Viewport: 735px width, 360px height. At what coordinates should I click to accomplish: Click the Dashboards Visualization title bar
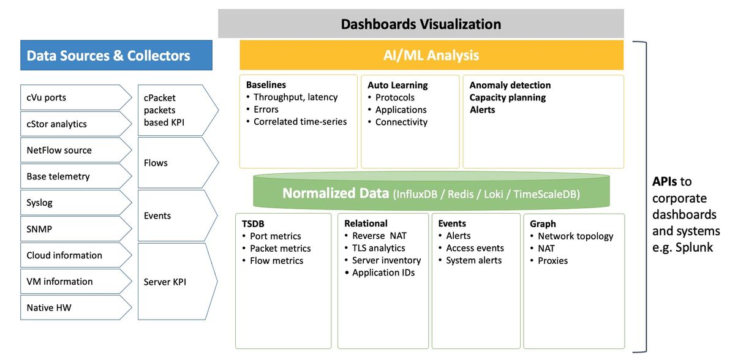tap(421, 24)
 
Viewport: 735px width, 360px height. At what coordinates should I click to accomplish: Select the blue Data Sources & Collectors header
tap(116, 56)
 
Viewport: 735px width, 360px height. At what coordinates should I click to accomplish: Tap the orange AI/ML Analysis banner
tap(431, 55)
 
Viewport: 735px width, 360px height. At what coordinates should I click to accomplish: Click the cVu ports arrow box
tap(76, 97)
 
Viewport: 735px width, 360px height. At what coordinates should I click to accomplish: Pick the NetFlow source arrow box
tap(76, 150)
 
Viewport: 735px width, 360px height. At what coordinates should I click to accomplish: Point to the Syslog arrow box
tap(76, 202)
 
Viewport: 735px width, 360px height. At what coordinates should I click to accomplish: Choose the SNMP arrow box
tap(76, 229)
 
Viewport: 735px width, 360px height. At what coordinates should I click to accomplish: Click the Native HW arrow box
tap(76, 307)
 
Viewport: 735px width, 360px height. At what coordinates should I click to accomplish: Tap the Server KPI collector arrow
tap(178, 281)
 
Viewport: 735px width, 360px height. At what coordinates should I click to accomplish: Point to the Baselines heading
tap(266, 85)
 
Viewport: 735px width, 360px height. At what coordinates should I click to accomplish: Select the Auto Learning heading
tap(398, 85)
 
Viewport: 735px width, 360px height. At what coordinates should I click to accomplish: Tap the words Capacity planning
tap(508, 98)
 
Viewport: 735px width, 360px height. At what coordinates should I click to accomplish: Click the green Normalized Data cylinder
tap(431, 191)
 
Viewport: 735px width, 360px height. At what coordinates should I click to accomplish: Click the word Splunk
tap(694, 247)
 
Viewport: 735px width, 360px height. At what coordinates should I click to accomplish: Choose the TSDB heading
tap(253, 224)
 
